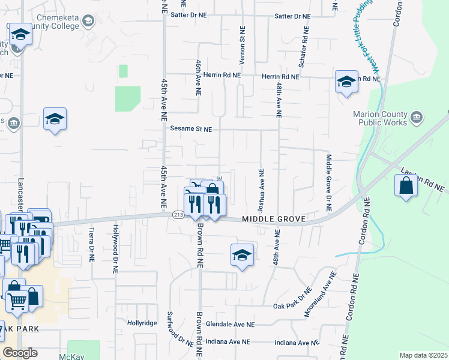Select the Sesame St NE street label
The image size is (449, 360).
pyautogui.click(x=191, y=129)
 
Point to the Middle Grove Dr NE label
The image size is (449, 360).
pyautogui.click(x=329, y=183)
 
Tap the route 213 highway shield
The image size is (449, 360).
pyautogui.click(x=178, y=215)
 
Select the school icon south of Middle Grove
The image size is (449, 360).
pyautogui.click(x=242, y=256)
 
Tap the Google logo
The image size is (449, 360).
pyautogui.click(x=19, y=353)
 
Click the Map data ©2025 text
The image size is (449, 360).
pyautogui.click(x=423, y=355)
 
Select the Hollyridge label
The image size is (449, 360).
pyautogui.click(x=142, y=322)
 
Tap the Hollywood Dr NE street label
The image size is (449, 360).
pyautogui.click(x=115, y=248)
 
